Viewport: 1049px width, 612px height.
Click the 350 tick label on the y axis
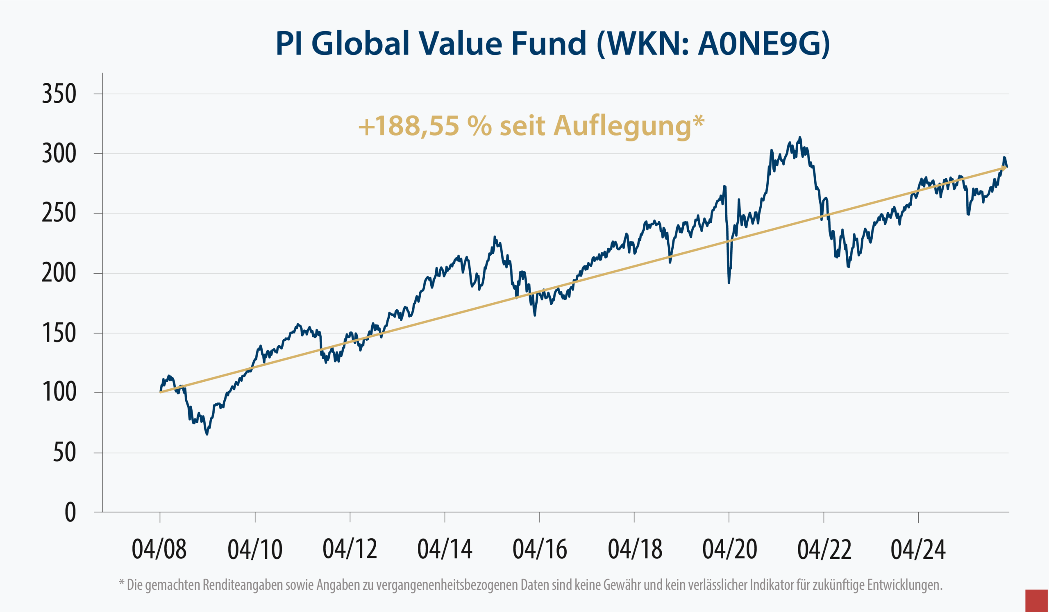tap(59, 94)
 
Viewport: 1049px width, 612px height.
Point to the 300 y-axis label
tap(59, 154)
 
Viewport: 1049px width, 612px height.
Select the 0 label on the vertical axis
tap(70, 512)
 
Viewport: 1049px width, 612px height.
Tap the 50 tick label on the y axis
tap(64, 453)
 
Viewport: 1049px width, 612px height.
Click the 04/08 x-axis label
tap(159, 549)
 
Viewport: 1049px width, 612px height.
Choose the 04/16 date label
tap(540, 549)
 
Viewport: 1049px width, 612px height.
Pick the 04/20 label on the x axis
tap(729, 549)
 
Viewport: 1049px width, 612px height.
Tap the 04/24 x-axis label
tap(918, 549)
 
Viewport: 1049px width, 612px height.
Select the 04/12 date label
tap(350, 549)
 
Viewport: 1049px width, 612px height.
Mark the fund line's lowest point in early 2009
tap(207, 434)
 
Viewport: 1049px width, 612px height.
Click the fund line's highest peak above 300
tap(799, 138)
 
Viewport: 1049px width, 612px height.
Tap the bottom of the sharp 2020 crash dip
tap(729, 283)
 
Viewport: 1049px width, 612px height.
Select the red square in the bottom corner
tap(1036, 601)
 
